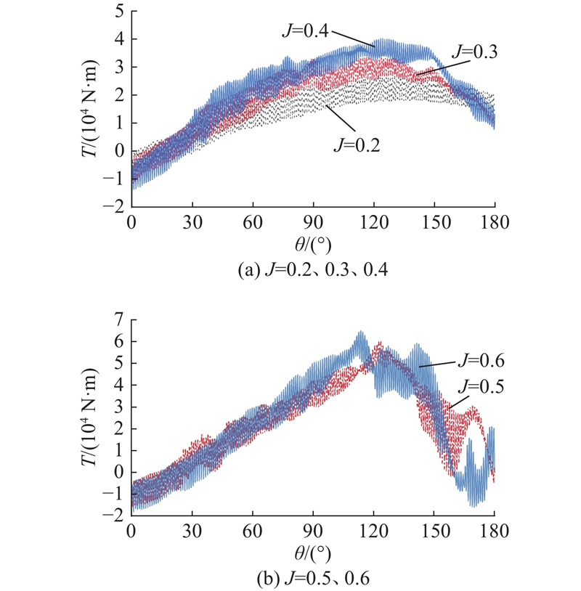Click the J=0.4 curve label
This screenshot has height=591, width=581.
[x=304, y=31]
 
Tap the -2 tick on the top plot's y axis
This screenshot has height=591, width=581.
[x=113, y=208]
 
